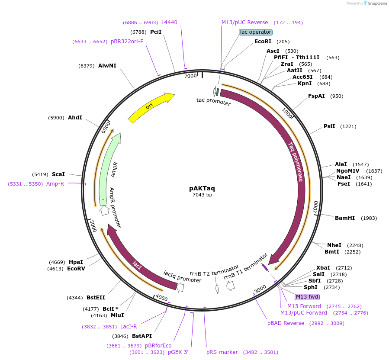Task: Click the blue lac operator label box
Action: coord(256,32)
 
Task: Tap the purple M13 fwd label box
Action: coord(307,297)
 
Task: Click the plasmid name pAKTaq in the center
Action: coord(202,188)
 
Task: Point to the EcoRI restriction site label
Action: coord(263,42)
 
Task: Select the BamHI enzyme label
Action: coord(345,218)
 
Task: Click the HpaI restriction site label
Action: coord(76,262)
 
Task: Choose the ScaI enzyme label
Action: coord(58,174)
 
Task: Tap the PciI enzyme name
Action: coord(156,32)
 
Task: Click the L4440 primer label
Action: coord(169,22)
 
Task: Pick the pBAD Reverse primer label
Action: coord(286,323)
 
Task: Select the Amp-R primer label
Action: coord(55,184)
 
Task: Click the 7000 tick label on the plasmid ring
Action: coord(190,76)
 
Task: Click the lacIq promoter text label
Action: coord(182,276)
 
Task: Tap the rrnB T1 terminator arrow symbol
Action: coord(230,286)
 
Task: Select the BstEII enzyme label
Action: coord(96,298)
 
